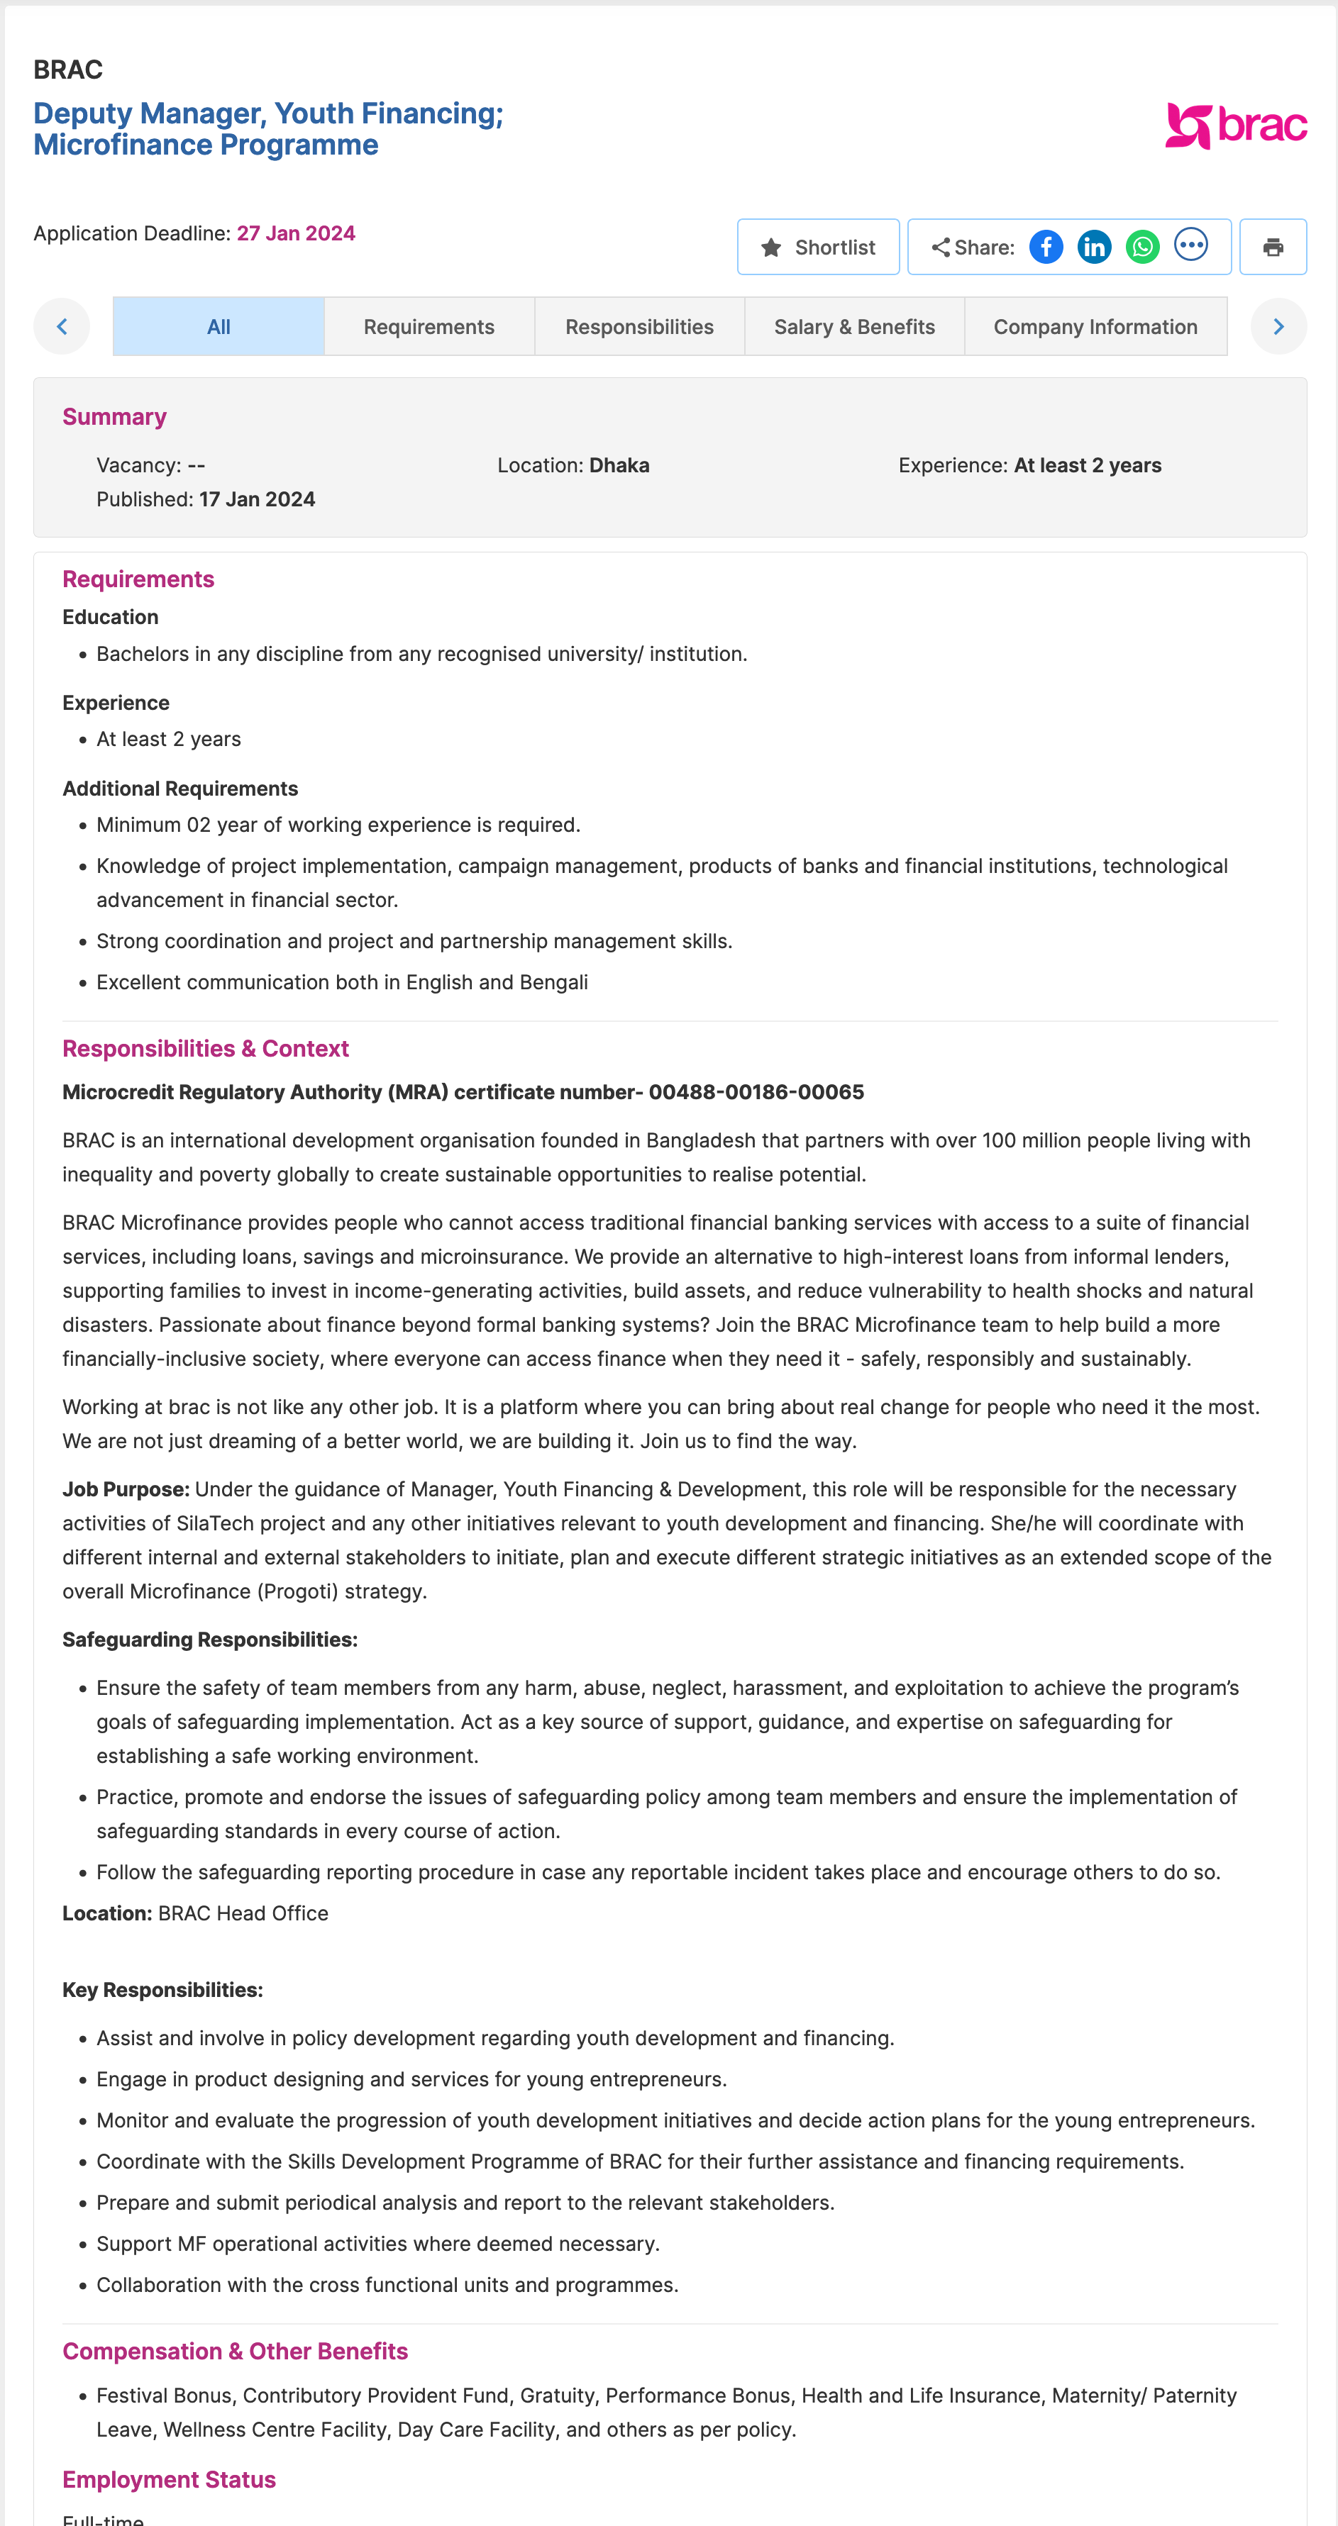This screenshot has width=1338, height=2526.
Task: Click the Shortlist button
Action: click(x=818, y=247)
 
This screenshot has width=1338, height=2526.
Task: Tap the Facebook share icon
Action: click(x=1046, y=247)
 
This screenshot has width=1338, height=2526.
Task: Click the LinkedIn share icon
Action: click(x=1094, y=247)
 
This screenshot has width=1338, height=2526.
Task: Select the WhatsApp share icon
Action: click(x=1141, y=247)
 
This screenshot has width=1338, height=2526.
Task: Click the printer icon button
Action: click(x=1272, y=247)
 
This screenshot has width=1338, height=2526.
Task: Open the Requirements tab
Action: click(x=429, y=326)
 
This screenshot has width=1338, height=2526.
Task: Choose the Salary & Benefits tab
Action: click(x=853, y=326)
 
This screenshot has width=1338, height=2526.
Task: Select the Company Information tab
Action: click(x=1095, y=326)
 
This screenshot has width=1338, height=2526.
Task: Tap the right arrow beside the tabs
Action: click(x=1278, y=326)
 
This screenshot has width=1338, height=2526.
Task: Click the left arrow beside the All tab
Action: click(x=62, y=326)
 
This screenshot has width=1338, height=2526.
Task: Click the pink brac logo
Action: click(x=1235, y=126)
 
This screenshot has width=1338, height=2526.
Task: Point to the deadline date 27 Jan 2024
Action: click(x=295, y=233)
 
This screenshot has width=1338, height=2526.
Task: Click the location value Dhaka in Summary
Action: click(x=619, y=466)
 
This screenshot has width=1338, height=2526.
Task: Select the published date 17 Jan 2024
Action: click(x=257, y=499)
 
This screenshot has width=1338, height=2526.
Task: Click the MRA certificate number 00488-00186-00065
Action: click(x=756, y=1092)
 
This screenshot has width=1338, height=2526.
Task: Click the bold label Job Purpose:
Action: click(x=126, y=1489)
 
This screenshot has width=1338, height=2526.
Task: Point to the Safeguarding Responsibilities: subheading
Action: click(x=210, y=1640)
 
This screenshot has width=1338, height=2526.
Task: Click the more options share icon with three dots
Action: click(x=1191, y=245)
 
